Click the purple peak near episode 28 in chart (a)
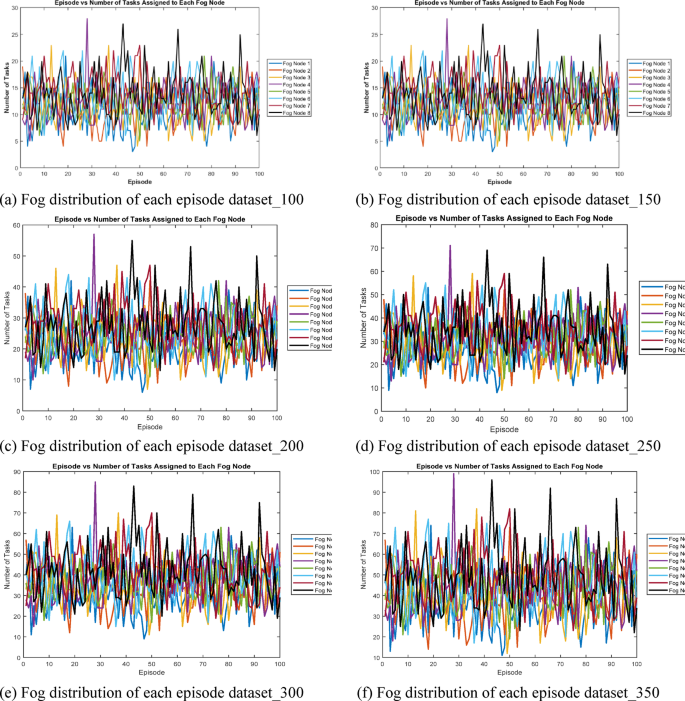87,20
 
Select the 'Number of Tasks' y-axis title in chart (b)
355,93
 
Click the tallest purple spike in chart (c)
94,236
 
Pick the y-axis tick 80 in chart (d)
372,226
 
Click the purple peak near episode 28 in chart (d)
450,246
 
